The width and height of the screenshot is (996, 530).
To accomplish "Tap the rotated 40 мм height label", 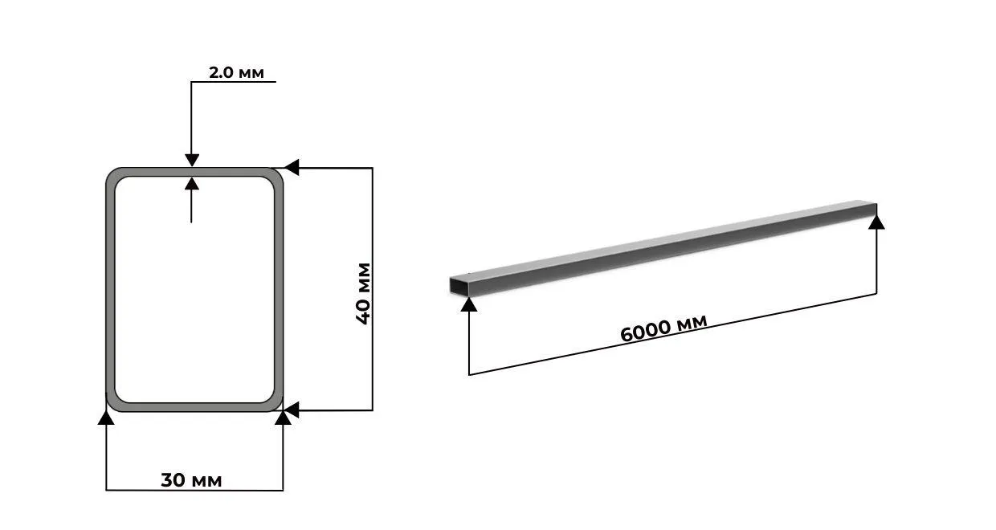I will click(363, 293).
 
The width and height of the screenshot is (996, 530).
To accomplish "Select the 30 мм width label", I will click(191, 480).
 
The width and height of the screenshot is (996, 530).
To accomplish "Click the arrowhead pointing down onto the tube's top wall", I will click(191, 160).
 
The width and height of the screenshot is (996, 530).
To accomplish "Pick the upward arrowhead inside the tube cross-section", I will click(191, 184).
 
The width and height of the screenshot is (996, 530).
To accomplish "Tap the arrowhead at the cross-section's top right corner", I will click(292, 168).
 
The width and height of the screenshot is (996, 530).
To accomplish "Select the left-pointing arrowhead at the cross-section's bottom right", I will click(292, 410).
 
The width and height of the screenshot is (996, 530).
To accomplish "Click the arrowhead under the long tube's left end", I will click(469, 302).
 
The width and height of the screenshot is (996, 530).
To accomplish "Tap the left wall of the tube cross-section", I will click(110, 289).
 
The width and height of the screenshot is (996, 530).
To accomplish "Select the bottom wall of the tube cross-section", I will click(193, 407).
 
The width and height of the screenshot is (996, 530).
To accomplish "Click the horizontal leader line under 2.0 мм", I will click(233, 82).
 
